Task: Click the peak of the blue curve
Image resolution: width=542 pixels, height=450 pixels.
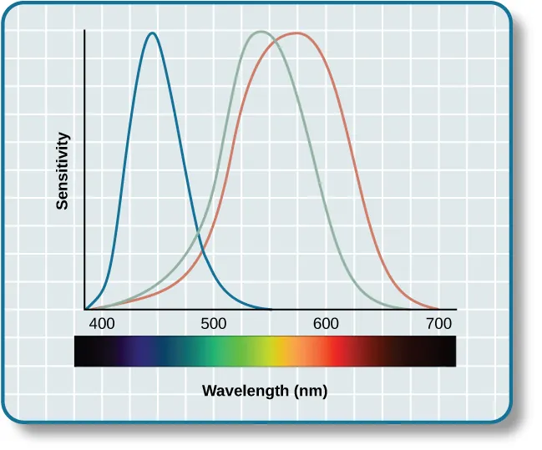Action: (x=152, y=33)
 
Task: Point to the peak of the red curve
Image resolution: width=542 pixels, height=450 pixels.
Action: (x=296, y=33)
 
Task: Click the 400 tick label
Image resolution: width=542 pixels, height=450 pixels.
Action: (x=102, y=324)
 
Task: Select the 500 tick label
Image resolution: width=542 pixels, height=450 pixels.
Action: (x=214, y=324)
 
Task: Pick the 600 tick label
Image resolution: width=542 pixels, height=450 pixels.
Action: (x=326, y=324)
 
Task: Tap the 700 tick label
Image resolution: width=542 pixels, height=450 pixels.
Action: (x=438, y=324)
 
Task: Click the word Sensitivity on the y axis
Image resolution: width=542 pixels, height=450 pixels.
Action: (x=63, y=170)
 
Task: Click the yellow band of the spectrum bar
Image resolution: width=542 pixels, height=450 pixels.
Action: (x=269, y=351)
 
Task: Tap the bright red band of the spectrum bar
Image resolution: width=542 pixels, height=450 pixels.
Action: (x=336, y=351)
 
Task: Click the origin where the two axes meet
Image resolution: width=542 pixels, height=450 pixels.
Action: (x=84, y=310)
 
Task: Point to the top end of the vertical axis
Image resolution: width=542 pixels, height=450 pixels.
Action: (x=84, y=30)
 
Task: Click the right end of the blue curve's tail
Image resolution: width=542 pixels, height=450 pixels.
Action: (x=271, y=309)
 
